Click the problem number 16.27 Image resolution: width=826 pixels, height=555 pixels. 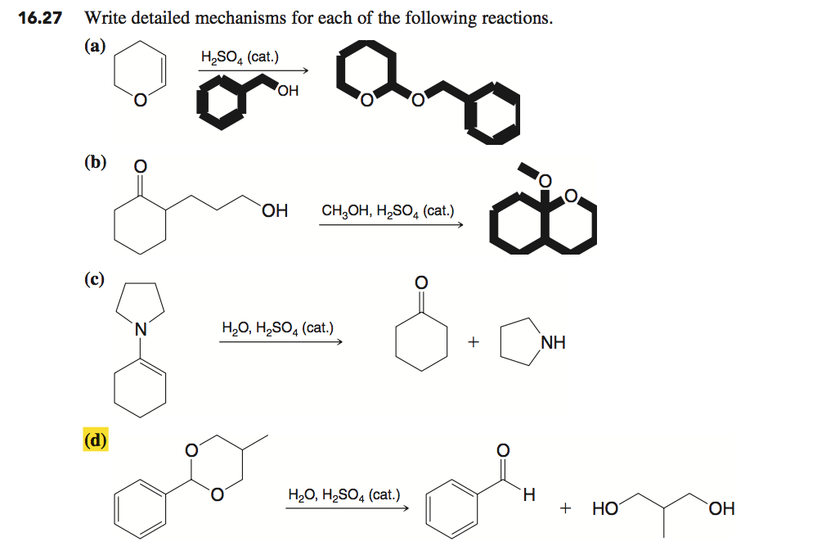[40, 18]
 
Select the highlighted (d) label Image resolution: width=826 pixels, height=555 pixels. [96, 439]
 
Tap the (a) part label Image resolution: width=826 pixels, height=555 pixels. [95, 47]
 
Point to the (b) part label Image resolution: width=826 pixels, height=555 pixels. [96, 162]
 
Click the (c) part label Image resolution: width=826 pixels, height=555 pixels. [94, 278]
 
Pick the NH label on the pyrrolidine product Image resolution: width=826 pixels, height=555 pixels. [553, 343]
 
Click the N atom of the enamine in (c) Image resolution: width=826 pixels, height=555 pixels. [140, 329]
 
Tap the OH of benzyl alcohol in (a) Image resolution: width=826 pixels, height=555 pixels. [288, 91]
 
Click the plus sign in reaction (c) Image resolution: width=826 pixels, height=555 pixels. [473, 342]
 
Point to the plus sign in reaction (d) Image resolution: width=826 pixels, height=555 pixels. [565, 508]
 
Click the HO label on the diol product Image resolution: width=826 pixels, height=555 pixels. [604, 508]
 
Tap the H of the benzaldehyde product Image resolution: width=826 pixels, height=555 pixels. [529, 495]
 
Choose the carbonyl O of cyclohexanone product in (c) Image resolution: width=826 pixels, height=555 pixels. [421, 282]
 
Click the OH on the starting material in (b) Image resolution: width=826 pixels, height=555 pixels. [275, 211]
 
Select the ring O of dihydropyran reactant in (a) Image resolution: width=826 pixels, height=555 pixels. [140, 100]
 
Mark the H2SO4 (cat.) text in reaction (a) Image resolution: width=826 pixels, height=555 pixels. [240, 57]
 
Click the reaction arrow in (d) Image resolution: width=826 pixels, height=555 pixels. [347, 508]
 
